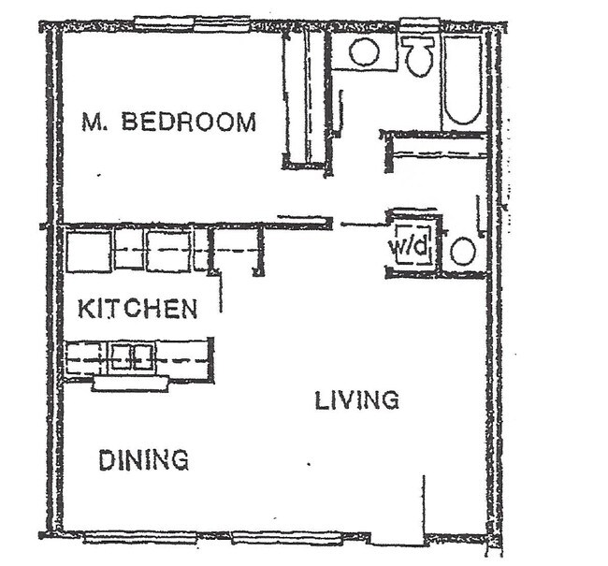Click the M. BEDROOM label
[x=168, y=122]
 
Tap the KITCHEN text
[x=137, y=309]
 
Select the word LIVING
[x=356, y=400]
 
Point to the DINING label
[x=143, y=459]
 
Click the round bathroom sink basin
[x=364, y=51]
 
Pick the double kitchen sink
[x=132, y=356]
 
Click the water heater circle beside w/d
[x=462, y=251]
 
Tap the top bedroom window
[x=192, y=22]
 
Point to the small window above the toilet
[x=419, y=22]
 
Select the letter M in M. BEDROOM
[x=91, y=122]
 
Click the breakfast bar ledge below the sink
[x=130, y=384]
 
